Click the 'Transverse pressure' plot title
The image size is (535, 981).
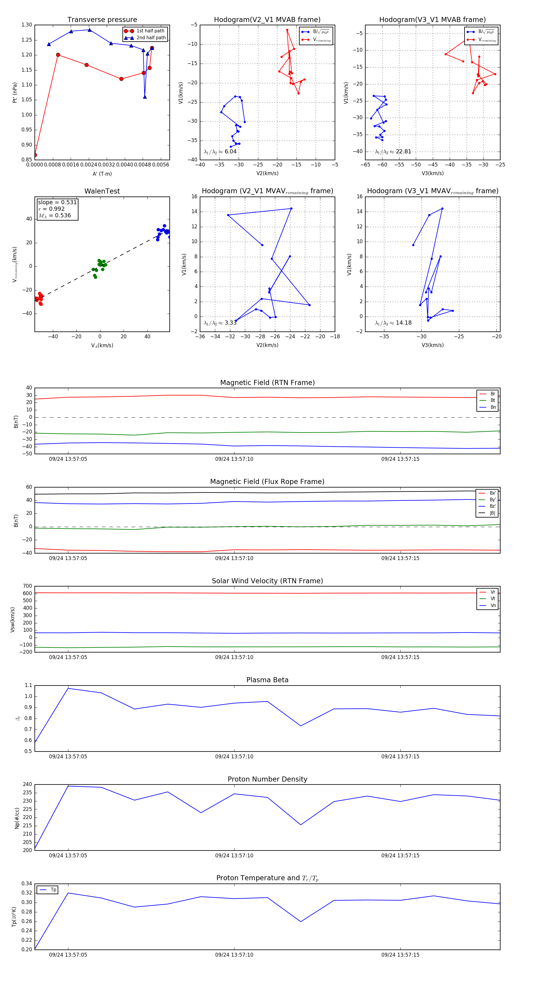pos(102,20)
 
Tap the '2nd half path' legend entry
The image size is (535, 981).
pos(151,38)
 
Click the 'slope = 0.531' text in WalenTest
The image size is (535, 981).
pos(57,202)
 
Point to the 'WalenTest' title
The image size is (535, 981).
pos(102,191)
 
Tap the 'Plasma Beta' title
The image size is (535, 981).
pos(267,680)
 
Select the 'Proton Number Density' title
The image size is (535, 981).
pos(267,779)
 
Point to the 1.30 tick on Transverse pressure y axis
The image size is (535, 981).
pos(27,25)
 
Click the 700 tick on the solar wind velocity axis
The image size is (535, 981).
pos(27,586)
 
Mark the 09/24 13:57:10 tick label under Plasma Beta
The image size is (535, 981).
pos(234,756)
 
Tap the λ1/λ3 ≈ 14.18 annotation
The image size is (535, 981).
pos(393,323)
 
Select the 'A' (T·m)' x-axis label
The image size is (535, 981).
pos(102,174)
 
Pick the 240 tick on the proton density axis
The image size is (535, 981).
pos(27,784)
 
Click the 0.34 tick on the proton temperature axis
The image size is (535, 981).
pos(27,883)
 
